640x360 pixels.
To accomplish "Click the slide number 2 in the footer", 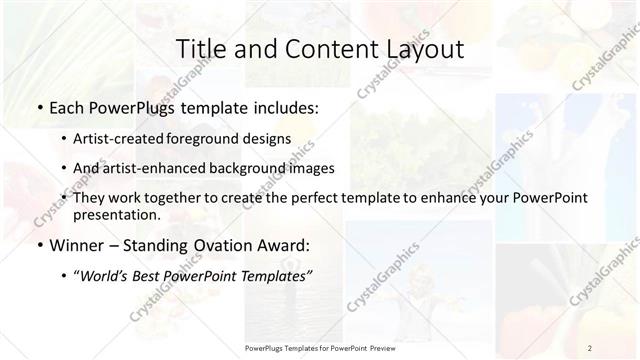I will tap(590, 348).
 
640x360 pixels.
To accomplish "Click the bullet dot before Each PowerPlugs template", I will tap(39, 106).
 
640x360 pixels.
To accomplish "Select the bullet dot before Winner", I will tap(39, 244).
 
